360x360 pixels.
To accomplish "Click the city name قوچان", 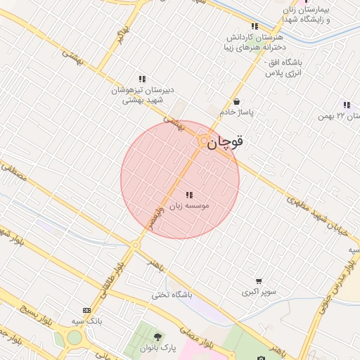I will click(x=227, y=141).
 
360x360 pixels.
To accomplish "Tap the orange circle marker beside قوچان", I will click(x=203, y=141).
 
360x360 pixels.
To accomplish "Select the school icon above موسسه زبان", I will click(x=188, y=195).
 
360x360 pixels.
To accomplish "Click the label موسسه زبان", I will click(x=188, y=206).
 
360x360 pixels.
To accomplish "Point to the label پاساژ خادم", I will click(x=236, y=112).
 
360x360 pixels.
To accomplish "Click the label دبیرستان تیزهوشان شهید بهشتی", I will click(x=143, y=95).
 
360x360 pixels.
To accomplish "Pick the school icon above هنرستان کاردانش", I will click(x=255, y=26).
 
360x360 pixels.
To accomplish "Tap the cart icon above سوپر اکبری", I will click(x=259, y=281).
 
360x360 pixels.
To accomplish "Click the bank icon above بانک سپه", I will click(x=86, y=310).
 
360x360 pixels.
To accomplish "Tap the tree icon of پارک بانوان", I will click(x=157, y=337).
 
